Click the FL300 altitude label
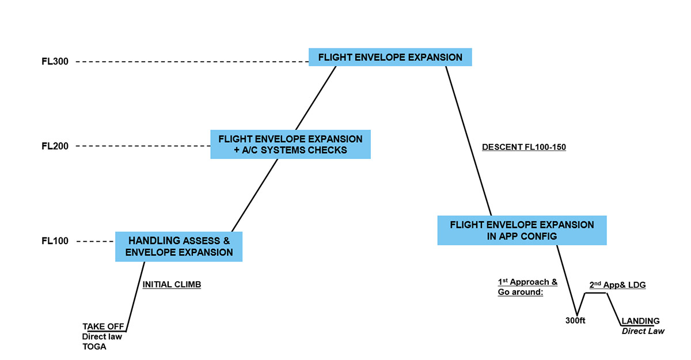55,61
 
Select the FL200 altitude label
55,146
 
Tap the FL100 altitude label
55,241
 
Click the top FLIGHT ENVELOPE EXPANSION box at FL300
390,57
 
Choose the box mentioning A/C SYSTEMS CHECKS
290,145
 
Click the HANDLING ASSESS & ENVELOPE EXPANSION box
179,247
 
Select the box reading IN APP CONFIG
522,230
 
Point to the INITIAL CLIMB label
172,285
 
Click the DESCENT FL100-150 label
523,147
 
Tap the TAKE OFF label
104,326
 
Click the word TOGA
94,347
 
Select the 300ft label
575,321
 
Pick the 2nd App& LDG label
617,285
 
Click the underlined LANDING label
640,321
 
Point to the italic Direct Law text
643,331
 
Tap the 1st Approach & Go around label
527,287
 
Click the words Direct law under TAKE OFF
102,336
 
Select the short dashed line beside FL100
95,241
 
